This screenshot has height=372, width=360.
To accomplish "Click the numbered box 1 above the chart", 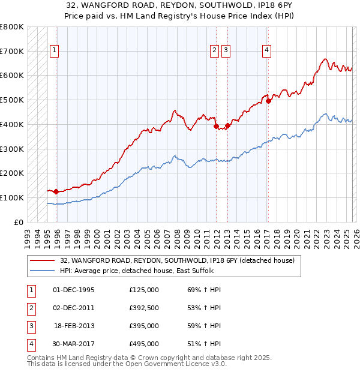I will [55, 51].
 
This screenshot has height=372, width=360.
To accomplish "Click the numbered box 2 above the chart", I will [214, 51].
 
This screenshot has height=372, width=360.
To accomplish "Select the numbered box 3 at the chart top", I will [226, 51].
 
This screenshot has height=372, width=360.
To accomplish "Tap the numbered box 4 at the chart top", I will [266, 51].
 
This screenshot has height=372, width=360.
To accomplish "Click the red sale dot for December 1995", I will [56, 191].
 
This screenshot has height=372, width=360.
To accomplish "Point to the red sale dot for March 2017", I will [268, 101].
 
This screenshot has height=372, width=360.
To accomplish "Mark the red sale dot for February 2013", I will [227, 125].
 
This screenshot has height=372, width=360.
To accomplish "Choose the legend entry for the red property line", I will [177, 261].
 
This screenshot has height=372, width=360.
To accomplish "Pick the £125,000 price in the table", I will [144, 290].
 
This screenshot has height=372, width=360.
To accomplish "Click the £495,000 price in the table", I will [144, 344].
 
